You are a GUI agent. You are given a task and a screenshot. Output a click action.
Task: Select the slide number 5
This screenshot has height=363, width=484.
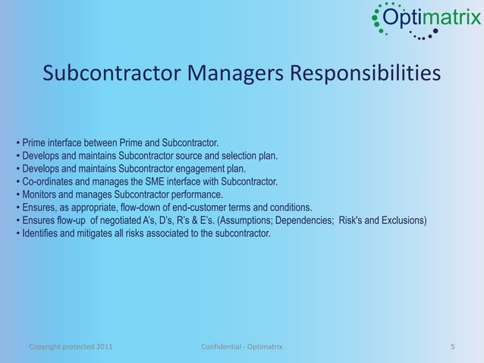[x=453, y=347]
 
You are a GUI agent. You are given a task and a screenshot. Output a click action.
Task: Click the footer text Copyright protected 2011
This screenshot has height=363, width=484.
[x=72, y=347]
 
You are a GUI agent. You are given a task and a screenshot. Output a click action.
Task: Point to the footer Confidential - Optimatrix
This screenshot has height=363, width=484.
[x=241, y=347]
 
